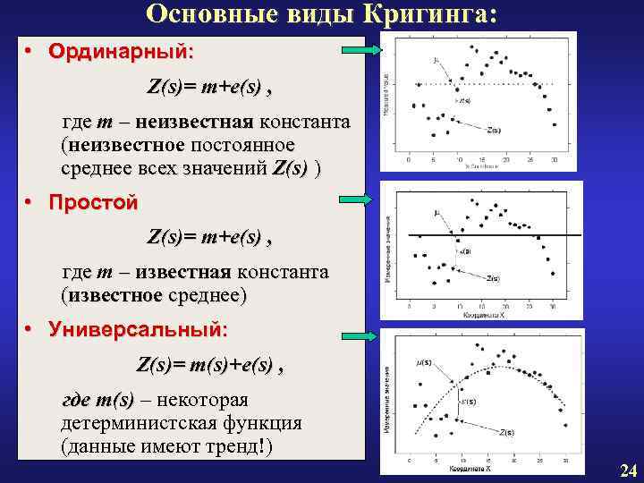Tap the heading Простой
[93, 203]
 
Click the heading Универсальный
[139, 330]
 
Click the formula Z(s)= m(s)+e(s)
[210, 365]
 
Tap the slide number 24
[627, 471]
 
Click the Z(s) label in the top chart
[494, 130]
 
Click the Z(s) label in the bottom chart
[507, 433]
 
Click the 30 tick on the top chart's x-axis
[555, 162]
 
